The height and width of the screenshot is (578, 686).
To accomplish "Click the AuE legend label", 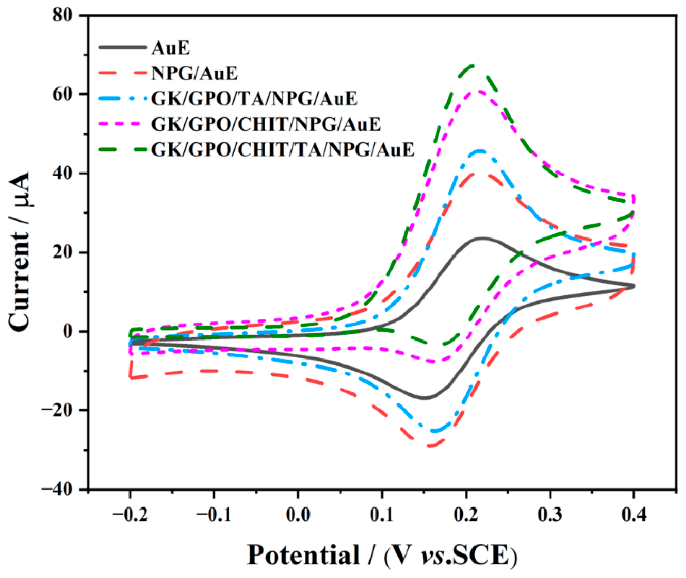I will (171, 48).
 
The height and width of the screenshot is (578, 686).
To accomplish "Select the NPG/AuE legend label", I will (194, 73).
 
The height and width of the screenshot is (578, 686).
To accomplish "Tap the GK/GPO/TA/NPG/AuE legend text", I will (254, 99).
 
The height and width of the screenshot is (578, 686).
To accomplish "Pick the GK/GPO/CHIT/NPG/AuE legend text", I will (266, 124).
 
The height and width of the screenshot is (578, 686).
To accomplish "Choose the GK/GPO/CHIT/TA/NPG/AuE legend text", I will (283, 150).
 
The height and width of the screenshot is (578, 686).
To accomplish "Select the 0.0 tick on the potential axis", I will (298, 515).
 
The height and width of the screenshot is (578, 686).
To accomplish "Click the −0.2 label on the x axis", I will (130, 515).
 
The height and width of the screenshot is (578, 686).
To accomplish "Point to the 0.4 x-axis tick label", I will (633, 515).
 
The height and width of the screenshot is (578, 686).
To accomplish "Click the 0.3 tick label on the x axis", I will (550, 515).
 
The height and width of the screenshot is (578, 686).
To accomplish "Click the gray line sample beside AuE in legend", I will (123, 47).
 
